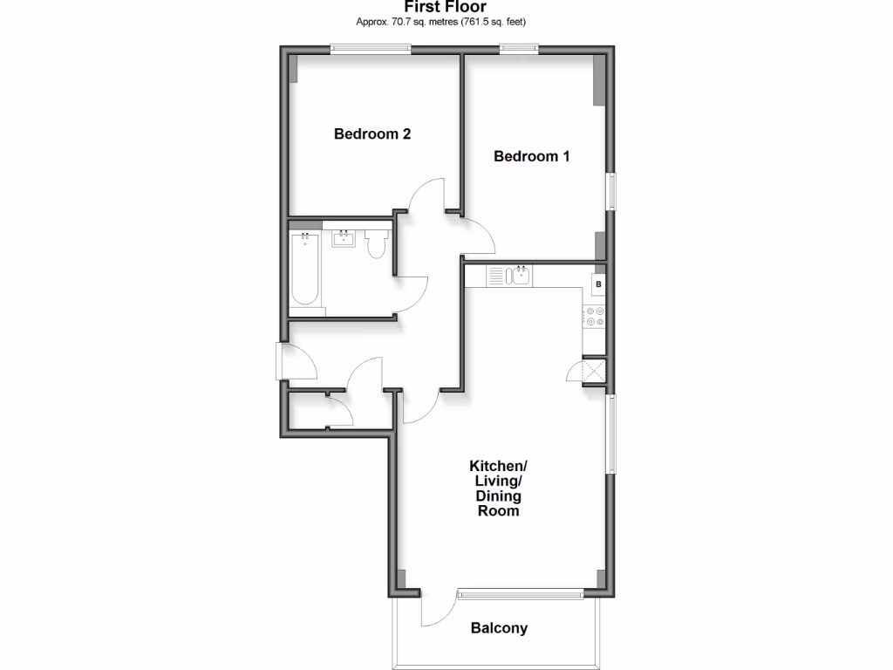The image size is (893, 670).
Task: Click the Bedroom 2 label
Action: click(x=372, y=134)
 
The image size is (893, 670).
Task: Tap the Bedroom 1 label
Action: click(x=532, y=157)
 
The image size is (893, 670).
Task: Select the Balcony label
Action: click(x=499, y=628)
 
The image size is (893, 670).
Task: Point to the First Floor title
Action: click(x=446, y=7)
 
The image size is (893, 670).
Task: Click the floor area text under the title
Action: click(x=446, y=21)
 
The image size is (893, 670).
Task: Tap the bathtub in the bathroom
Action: click(x=304, y=270)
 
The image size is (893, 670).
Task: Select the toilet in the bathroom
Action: click(x=377, y=243)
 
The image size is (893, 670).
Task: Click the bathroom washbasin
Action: click(x=342, y=238)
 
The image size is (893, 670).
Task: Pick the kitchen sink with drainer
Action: click(x=509, y=276)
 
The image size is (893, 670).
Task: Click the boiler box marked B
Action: click(x=598, y=284)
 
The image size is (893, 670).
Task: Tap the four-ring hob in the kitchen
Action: click(x=596, y=317)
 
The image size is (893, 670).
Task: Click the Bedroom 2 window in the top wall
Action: click(x=370, y=49)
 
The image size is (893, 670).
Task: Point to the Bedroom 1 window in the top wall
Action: click(x=518, y=49)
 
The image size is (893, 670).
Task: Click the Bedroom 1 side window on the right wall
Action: click(x=612, y=192)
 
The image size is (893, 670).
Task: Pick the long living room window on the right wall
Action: click(x=612, y=434)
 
